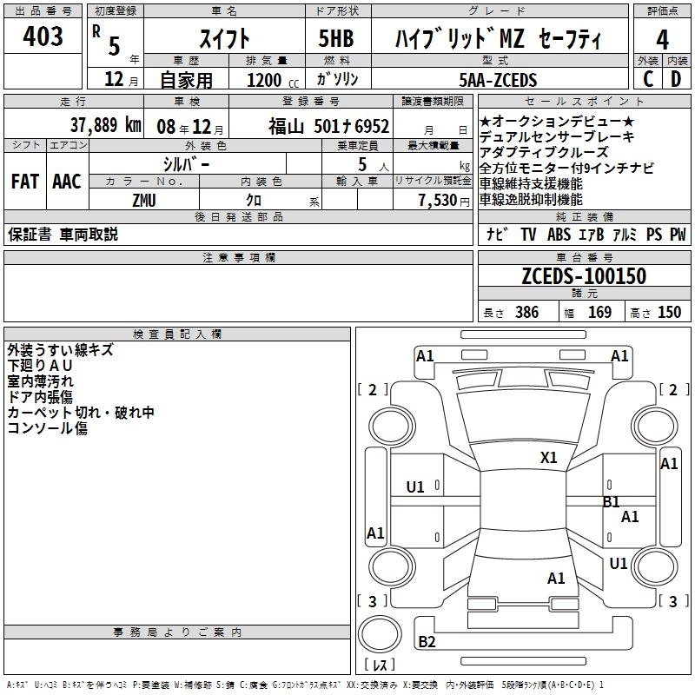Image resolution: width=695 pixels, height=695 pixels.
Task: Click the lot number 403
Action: (x=43, y=36)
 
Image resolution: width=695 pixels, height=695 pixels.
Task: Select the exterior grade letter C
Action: (x=647, y=79)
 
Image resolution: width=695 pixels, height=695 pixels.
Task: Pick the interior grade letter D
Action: (x=676, y=79)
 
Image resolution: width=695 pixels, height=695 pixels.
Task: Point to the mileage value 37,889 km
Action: (x=104, y=124)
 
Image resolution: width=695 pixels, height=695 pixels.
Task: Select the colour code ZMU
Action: (x=144, y=199)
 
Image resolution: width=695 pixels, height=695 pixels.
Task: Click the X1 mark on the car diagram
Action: (x=549, y=458)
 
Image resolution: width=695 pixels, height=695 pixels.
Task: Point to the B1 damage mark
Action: (x=612, y=501)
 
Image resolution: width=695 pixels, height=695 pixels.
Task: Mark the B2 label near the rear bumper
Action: (x=427, y=642)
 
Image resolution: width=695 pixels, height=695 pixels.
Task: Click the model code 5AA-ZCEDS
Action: (x=498, y=80)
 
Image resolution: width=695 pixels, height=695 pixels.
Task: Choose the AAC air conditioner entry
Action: (x=67, y=181)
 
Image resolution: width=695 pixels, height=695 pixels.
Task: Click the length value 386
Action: (x=526, y=313)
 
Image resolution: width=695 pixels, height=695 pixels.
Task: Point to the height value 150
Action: (x=669, y=313)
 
